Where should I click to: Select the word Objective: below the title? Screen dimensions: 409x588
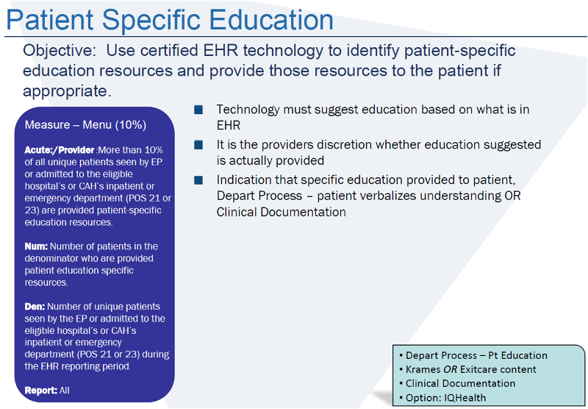(60, 51)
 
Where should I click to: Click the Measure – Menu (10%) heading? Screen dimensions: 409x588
(85, 125)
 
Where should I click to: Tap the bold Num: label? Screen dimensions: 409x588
(36, 246)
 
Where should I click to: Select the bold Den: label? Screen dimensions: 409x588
(35, 307)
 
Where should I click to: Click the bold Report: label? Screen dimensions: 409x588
(40, 391)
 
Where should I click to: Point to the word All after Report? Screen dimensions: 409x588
(65, 391)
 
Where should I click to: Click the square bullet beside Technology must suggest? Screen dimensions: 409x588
(198, 110)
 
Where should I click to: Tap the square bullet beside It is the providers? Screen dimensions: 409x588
(198, 145)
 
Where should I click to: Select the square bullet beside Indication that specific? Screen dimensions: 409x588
(198, 180)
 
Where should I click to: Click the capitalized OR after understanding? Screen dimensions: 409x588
(489, 196)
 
